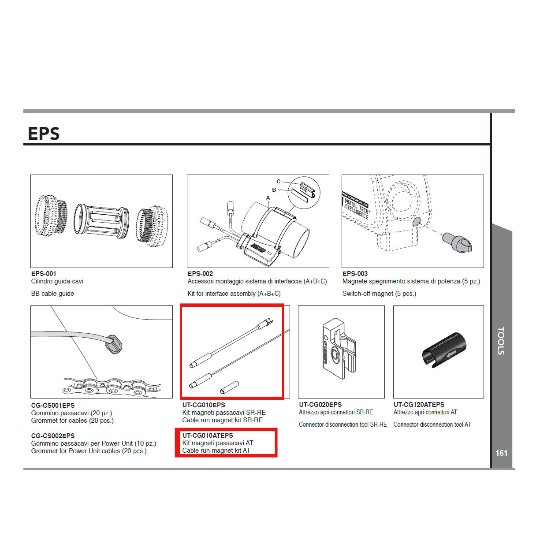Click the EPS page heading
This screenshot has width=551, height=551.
(x=44, y=134)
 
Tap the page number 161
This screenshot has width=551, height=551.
(x=501, y=453)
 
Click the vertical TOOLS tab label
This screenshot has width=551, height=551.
(x=501, y=341)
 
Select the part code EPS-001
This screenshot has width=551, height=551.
(x=44, y=274)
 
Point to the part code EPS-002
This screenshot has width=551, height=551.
(x=200, y=274)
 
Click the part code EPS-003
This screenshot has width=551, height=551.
(x=355, y=274)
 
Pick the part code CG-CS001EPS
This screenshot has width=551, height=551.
(x=53, y=406)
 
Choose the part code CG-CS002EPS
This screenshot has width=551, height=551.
(x=53, y=436)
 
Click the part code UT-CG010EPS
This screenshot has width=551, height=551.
(x=204, y=405)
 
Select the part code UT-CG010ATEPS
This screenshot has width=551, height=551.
(x=208, y=436)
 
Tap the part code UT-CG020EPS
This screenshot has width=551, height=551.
(x=320, y=405)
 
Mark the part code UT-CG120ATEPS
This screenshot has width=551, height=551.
(x=419, y=405)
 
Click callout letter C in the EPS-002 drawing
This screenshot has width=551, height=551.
(x=278, y=181)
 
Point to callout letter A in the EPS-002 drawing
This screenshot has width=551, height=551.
(x=268, y=198)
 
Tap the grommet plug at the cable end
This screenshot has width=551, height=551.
(x=115, y=344)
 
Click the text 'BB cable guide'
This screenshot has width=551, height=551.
(x=52, y=294)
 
